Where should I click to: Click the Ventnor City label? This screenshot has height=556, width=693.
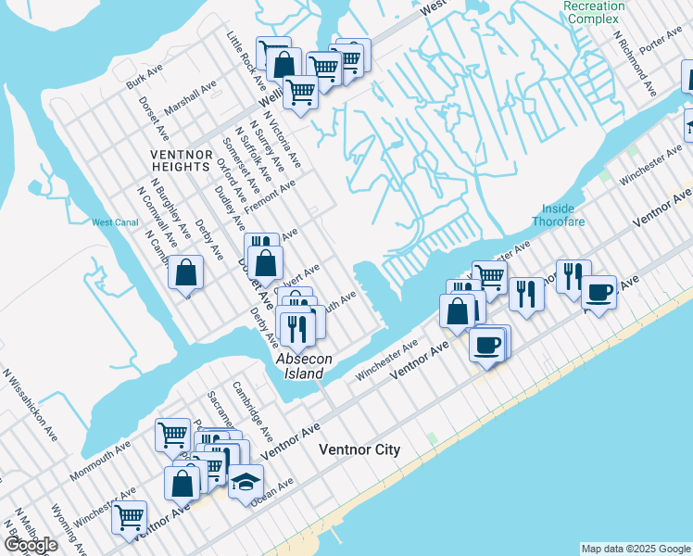tap(359, 450)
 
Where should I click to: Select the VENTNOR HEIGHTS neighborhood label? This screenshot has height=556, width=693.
tap(183, 159)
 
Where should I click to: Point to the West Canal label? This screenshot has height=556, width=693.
tap(115, 221)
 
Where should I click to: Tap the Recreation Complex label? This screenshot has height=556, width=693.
tap(594, 12)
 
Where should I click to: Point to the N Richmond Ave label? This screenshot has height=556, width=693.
tap(636, 63)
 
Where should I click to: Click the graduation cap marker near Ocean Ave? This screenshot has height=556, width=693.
tap(246, 481)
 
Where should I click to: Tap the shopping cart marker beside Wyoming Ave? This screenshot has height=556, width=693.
tap(130, 516)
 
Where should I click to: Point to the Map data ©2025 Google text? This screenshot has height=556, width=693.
tap(635, 549)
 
